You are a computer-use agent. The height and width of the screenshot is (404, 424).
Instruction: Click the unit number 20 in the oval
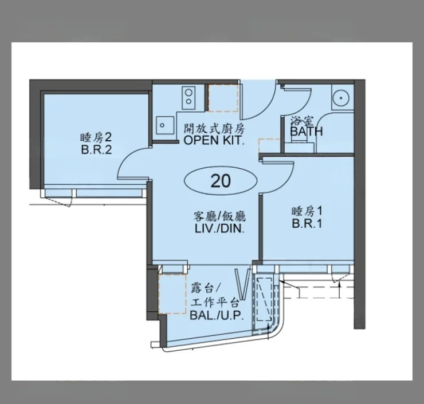[x=221, y=181]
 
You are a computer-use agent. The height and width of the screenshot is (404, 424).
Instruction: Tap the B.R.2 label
[x=96, y=149]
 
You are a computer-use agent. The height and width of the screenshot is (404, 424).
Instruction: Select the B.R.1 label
[x=307, y=224]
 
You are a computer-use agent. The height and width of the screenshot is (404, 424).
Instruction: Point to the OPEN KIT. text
[x=214, y=140]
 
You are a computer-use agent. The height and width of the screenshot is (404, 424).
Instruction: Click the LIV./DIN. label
[x=219, y=229]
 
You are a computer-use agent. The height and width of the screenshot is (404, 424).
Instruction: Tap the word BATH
[x=307, y=132]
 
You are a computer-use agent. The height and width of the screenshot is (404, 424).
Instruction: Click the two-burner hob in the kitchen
[x=189, y=97]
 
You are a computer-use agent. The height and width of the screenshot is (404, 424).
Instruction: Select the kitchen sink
[x=165, y=125]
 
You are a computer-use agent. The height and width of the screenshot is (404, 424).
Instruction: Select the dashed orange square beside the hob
[x=223, y=97]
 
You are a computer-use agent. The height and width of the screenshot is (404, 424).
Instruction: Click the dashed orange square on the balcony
[x=172, y=294]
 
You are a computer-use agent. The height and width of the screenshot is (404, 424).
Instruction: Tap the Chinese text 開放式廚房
[x=214, y=129]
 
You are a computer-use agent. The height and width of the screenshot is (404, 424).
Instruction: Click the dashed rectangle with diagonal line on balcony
[x=264, y=299]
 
